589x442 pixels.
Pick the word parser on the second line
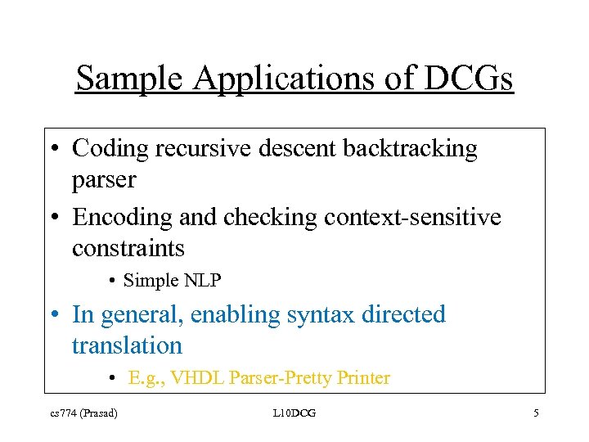click(104, 180)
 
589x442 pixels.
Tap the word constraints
click(128, 247)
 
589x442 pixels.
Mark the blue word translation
click(127, 345)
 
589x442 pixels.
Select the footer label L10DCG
click(294, 413)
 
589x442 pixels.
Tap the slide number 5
click(536, 413)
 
